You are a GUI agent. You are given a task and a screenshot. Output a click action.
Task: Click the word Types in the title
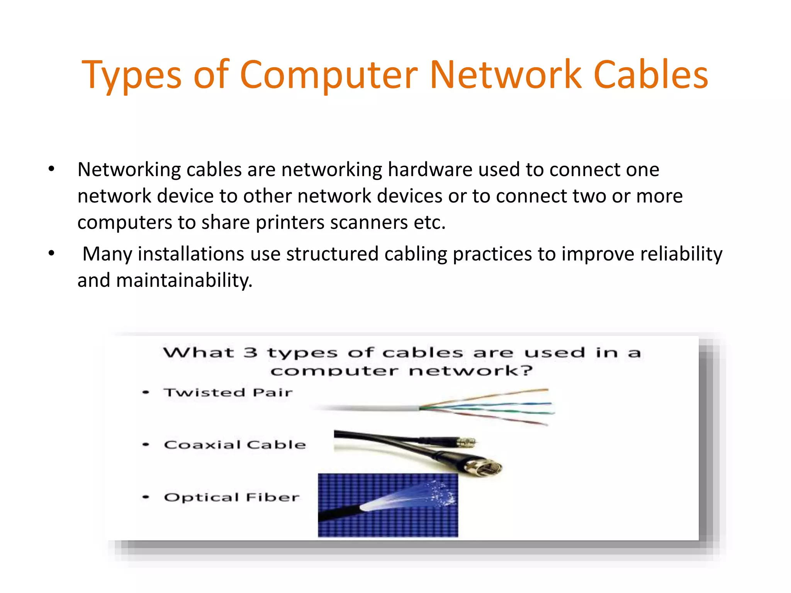131,76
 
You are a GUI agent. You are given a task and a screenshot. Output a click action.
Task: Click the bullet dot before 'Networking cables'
51,169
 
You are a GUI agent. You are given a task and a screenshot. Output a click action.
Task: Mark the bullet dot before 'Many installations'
51,254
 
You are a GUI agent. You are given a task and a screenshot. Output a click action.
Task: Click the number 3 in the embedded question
250,352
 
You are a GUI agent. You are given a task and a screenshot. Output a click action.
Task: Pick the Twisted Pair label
228,393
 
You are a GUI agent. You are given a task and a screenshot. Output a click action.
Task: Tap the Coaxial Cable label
235,445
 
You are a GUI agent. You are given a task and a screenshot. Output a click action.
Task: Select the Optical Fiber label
232,497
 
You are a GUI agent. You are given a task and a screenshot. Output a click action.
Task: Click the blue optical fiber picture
388,505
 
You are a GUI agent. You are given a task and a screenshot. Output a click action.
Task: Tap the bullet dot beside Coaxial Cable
146,445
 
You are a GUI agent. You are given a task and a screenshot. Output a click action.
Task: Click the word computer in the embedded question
334,371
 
